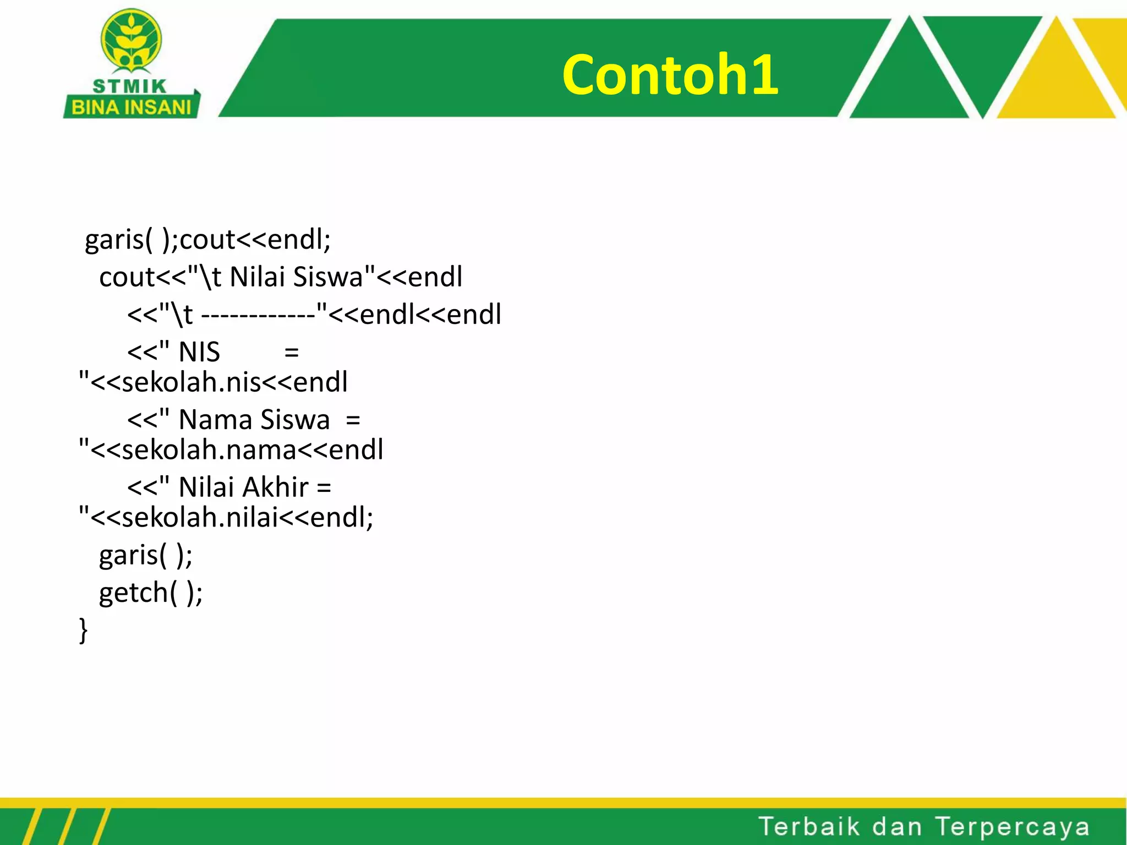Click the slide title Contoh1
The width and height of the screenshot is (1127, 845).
click(x=670, y=75)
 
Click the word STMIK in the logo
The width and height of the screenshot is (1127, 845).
click(x=129, y=87)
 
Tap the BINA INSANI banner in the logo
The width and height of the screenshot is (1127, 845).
click(x=131, y=107)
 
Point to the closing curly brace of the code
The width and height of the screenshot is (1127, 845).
click(x=83, y=629)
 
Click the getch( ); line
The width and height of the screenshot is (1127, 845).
click(x=151, y=593)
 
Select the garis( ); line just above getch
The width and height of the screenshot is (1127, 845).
click(x=146, y=555)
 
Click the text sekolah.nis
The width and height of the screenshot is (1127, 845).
click(x=191, y=382)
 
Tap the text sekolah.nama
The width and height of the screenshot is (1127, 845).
click(x=209, y=450)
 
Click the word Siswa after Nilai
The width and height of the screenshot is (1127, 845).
click(x=327, y=277)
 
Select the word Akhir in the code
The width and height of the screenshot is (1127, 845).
click(x=276, y=487)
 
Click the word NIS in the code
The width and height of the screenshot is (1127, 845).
click(x=199, y=352)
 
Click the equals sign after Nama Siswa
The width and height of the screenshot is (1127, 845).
click(x=353, y=421)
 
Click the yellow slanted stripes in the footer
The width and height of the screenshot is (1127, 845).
click(x=66, y=827)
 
